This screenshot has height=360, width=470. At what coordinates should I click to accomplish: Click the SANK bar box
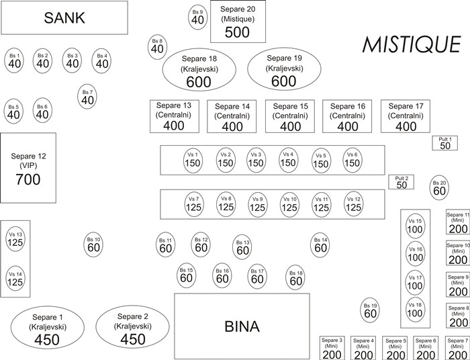tap(64, 18)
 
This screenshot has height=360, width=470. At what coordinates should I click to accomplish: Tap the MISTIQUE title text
tap(412, 44)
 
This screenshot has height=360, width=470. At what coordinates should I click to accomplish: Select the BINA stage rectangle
tap(241, 326)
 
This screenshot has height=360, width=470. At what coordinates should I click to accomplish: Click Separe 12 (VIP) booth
tap(28, 167)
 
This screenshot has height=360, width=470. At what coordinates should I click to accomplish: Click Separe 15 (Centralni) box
tap(290, 117)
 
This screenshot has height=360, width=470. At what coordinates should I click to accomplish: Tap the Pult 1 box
tap(445, 142)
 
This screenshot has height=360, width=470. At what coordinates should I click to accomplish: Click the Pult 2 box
tap(402, 181)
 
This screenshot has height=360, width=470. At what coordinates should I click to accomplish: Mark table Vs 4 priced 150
tap(288, 159)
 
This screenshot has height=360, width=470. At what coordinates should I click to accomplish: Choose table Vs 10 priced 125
tap(289, 204)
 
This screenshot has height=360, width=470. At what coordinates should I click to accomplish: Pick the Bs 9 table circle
tap(197, 17)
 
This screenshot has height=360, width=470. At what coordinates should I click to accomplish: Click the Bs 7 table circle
tap(87, 97)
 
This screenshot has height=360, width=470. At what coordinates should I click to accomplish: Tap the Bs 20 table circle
tap(439, 187)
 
